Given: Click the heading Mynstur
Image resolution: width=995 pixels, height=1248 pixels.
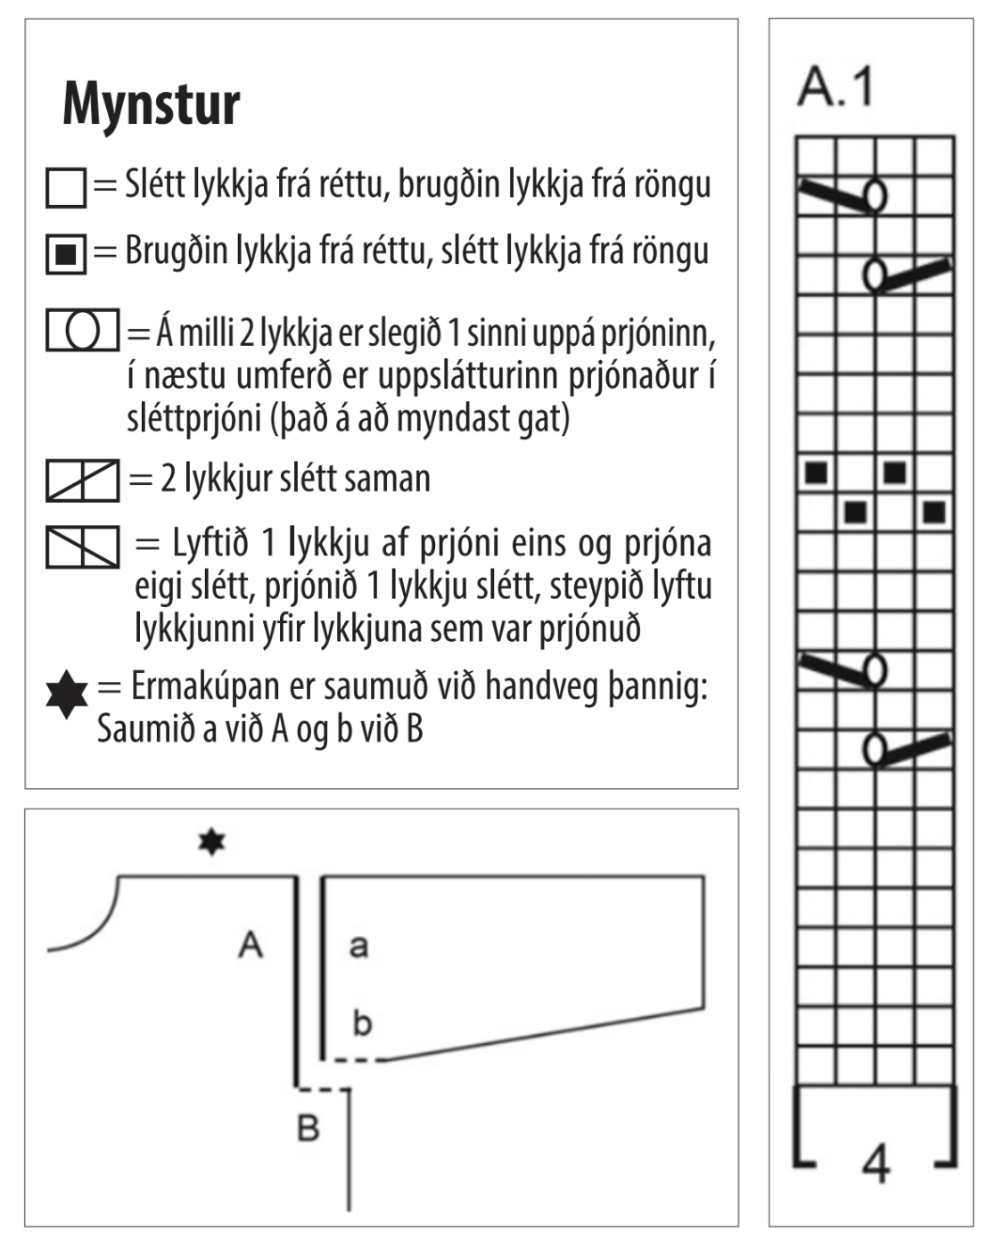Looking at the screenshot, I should [152, 104].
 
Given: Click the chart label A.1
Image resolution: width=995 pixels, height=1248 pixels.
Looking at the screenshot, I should [835, 87].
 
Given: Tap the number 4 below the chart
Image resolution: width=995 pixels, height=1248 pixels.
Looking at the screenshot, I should [876, 1162].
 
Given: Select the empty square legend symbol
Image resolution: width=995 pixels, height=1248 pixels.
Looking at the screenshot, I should [66, 188].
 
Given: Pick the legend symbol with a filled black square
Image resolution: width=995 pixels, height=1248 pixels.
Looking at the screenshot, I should [66, 254].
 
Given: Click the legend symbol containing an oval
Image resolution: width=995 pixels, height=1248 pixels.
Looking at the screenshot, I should [82, 330].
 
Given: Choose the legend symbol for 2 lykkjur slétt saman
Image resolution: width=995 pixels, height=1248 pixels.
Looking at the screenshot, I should [82, 480].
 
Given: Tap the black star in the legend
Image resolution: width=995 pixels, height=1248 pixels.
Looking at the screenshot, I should [67, 695].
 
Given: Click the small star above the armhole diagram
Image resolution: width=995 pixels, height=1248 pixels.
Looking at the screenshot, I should [211, 841].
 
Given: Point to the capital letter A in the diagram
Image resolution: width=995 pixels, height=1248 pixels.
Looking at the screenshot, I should [251, 943].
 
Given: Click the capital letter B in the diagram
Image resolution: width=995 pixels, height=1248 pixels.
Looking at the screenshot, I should [308, 1128].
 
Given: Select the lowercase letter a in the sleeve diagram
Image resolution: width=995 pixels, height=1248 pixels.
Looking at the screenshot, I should [358, 945].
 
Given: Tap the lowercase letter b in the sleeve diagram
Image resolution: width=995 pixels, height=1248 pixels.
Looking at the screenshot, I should [361, 1022].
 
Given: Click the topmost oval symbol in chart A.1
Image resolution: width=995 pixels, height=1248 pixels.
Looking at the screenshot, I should [876, 195].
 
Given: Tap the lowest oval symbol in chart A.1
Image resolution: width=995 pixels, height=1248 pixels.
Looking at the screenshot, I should [876, 750].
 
